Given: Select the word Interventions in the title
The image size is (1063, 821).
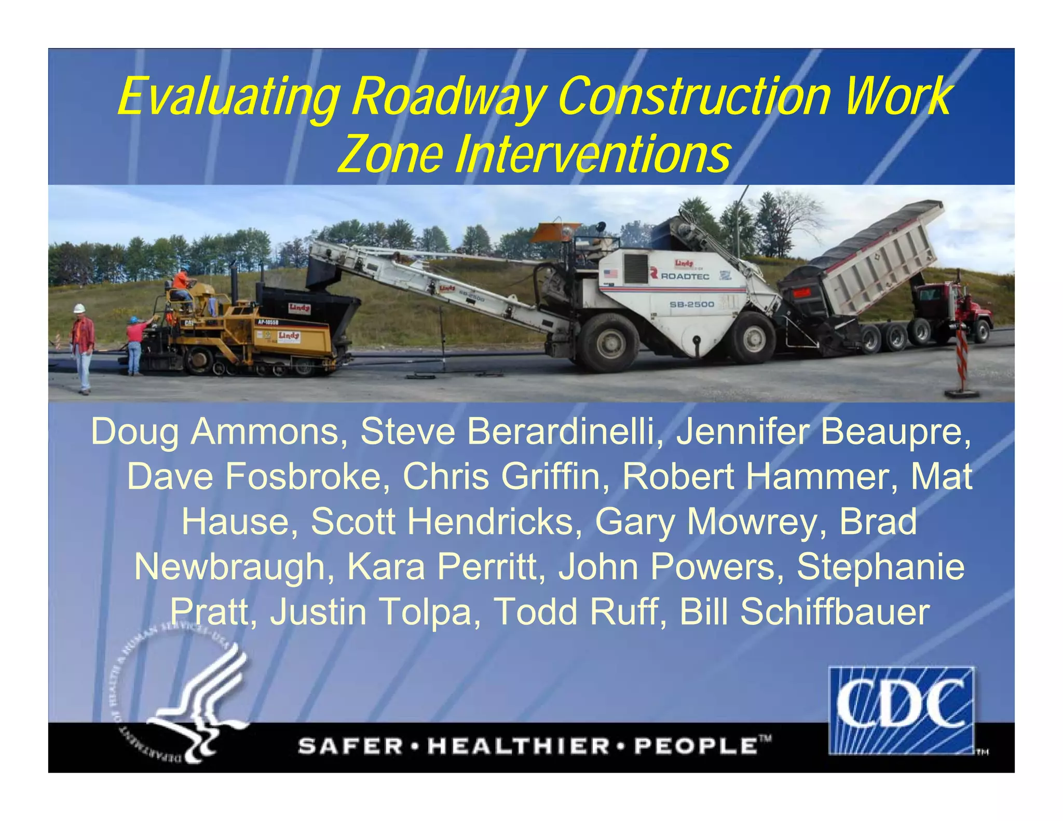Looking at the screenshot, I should click(592, 155).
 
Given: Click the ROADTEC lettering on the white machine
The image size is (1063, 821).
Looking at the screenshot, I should click(684, 276).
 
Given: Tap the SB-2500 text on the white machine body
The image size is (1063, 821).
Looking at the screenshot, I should click(692, 304).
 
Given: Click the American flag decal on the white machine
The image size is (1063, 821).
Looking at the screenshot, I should click(610, 273).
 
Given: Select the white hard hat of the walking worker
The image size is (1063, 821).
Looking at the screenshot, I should click(79, 308).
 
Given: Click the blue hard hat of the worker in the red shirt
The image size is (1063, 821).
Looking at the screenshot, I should click(133, 319).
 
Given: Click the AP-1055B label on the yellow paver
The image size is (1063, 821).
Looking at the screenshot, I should click(268, 322).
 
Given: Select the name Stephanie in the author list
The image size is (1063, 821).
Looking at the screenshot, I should click(880, 567).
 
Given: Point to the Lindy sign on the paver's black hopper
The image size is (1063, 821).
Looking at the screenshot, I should click(299, 308).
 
